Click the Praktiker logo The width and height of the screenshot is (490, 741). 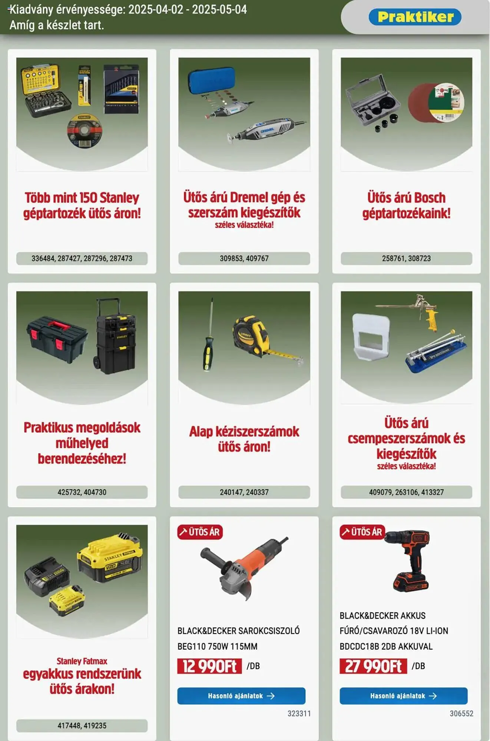point(415,17)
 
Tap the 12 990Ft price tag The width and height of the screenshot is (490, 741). point(209,666)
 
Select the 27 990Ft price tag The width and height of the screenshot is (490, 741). point(373,666)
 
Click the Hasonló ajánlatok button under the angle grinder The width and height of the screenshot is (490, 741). point(241,696)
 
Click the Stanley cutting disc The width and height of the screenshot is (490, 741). point(85,131)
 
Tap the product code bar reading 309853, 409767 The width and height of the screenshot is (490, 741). point(244,258)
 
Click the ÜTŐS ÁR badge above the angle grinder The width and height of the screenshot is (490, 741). point(200,532)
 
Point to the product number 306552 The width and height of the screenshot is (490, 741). point(461,713)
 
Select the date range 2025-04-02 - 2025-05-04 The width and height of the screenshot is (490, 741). point(188,9)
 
